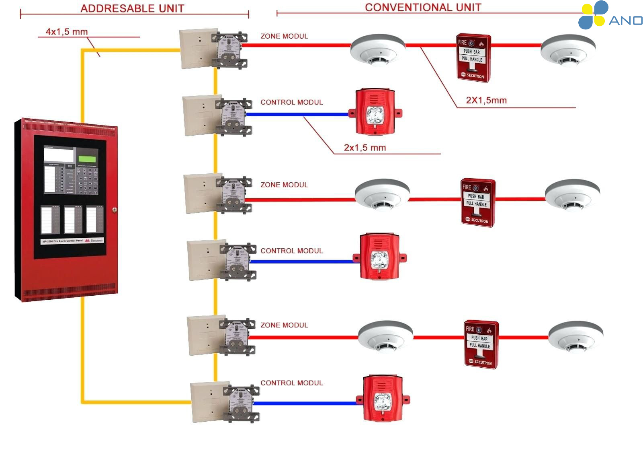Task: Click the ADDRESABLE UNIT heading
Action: coord(132,8)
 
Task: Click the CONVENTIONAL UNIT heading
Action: coord(423,8)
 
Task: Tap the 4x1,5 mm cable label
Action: coord(67,32)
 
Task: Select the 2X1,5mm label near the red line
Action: coord(486,101)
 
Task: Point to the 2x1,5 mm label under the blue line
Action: coord(365,148)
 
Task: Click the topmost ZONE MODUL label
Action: coord(284,36)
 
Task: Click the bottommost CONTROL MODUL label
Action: coord(292,383)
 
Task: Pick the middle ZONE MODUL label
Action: coord(284,185)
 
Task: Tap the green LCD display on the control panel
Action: coord(87,159)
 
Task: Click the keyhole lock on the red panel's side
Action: coord(115,210)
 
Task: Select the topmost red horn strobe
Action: coord(375,112)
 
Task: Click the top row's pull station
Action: coord(473,58)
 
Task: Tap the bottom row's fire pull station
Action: coord(481,344)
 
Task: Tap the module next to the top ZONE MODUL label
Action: coord(230,49)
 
